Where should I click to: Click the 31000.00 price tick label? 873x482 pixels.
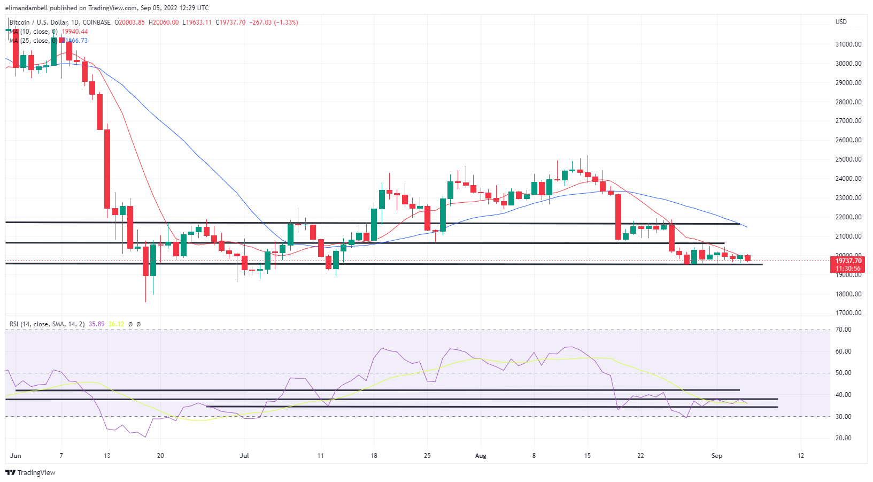pyautogui.click(x=848, y=44)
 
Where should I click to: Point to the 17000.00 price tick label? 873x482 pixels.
pyautogui.click(x=848, y=313)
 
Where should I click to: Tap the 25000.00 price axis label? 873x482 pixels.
pyautogui.click(x=848, y=159)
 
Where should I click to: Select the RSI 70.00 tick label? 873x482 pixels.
pyautogui.click(x=844, y=330)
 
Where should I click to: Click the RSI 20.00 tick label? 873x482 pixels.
pyautogui.click(x=844, y=438)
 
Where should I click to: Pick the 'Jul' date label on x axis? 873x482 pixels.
pyautogui.click(x=244, y=456)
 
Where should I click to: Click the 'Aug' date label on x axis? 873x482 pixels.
pyautogui.click(x=481, y=456)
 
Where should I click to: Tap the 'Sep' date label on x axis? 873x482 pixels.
pyautogui.click(x=717, y=456)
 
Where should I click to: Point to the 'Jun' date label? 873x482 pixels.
pyautogui.click(x=16, y=456)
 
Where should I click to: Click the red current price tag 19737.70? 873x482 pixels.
pyautogui.click(x=848, y=261)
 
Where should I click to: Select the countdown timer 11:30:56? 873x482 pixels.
pyautogui.click(x=848, y=269)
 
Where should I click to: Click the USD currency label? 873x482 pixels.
pyautogui.click(x=841, y=22)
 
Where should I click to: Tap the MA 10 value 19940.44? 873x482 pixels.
pyautogui.click(x=75, y=32)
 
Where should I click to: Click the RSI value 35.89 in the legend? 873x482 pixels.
pyautogui.click(x=97, y=324)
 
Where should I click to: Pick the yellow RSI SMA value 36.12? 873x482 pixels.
pyautogui.click(x=116, y=324)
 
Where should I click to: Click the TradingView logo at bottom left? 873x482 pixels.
pyautogui.click(x=30, y=472)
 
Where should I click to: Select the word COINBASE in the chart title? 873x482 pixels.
pyautogui.click(x=97, y=22)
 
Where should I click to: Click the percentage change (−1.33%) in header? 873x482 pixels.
pyautogui.click(x=286, y=22)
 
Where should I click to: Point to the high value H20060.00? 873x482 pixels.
pyautogui.click(x=164, y=22)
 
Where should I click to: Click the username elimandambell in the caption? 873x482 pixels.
pyautogui.click(x=27, y=7)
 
